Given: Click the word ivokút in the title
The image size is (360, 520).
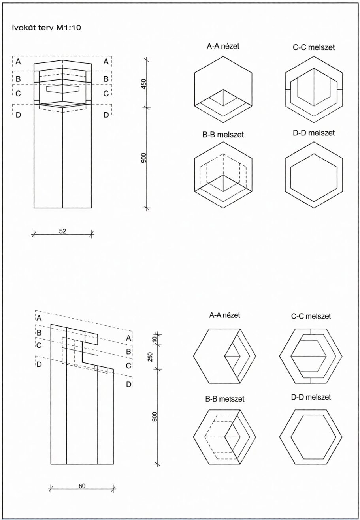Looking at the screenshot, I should click(23, 28).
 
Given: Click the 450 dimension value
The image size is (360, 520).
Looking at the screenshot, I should click(144, 83).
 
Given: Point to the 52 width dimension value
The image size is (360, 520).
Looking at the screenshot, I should click(62, 231).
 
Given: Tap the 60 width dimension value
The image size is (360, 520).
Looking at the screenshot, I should click(82, 486).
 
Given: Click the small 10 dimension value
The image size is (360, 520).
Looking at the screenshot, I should click(155, 339).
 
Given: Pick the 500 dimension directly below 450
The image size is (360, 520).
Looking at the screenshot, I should click(144, 158).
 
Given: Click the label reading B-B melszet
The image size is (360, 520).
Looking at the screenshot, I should click(223, 135).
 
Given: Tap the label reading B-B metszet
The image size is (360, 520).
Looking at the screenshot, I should click(225, 399).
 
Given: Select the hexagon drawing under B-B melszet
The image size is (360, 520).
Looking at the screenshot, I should click(223, 175).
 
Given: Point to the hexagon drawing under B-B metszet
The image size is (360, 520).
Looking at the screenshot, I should click(225, 437).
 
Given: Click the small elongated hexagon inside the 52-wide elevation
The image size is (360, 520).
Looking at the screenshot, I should click(62, 89).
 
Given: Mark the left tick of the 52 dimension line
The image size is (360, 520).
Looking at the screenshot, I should click(34, 235).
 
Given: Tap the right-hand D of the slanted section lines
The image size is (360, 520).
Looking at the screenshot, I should click(129, 384).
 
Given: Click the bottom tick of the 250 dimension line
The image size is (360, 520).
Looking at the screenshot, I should click(158, 369).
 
